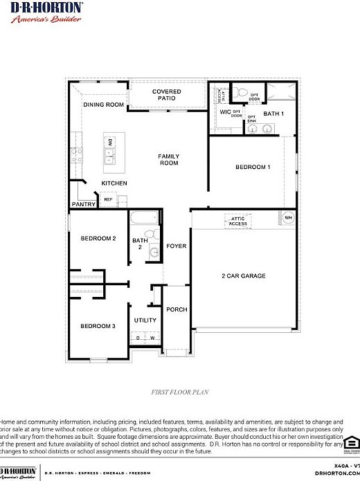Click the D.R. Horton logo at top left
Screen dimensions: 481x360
click(46, 12)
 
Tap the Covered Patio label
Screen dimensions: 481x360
click(167, 95)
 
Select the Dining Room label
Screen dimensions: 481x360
click(104, 105)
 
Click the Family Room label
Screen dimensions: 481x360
click(168, 159)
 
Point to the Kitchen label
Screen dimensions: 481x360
click(114, 183)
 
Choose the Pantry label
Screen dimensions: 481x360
click(83, 204)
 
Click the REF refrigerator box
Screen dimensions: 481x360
click(108, 199)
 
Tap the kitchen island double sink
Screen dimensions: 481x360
click(110, 152)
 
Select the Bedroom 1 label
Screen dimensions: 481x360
click(253, 167)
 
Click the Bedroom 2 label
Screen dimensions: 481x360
click(98, 238)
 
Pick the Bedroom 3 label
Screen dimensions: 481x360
click(97, 326)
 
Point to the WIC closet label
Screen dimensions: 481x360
click(224, 111)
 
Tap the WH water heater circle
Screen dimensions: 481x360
click(288, 217)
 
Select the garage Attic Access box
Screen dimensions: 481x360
click(238, 221)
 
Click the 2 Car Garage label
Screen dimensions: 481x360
click(243, 276)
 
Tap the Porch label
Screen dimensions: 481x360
click(177, 309)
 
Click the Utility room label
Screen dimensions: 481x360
click(145, 320)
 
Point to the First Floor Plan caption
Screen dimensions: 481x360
click(180, 392)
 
